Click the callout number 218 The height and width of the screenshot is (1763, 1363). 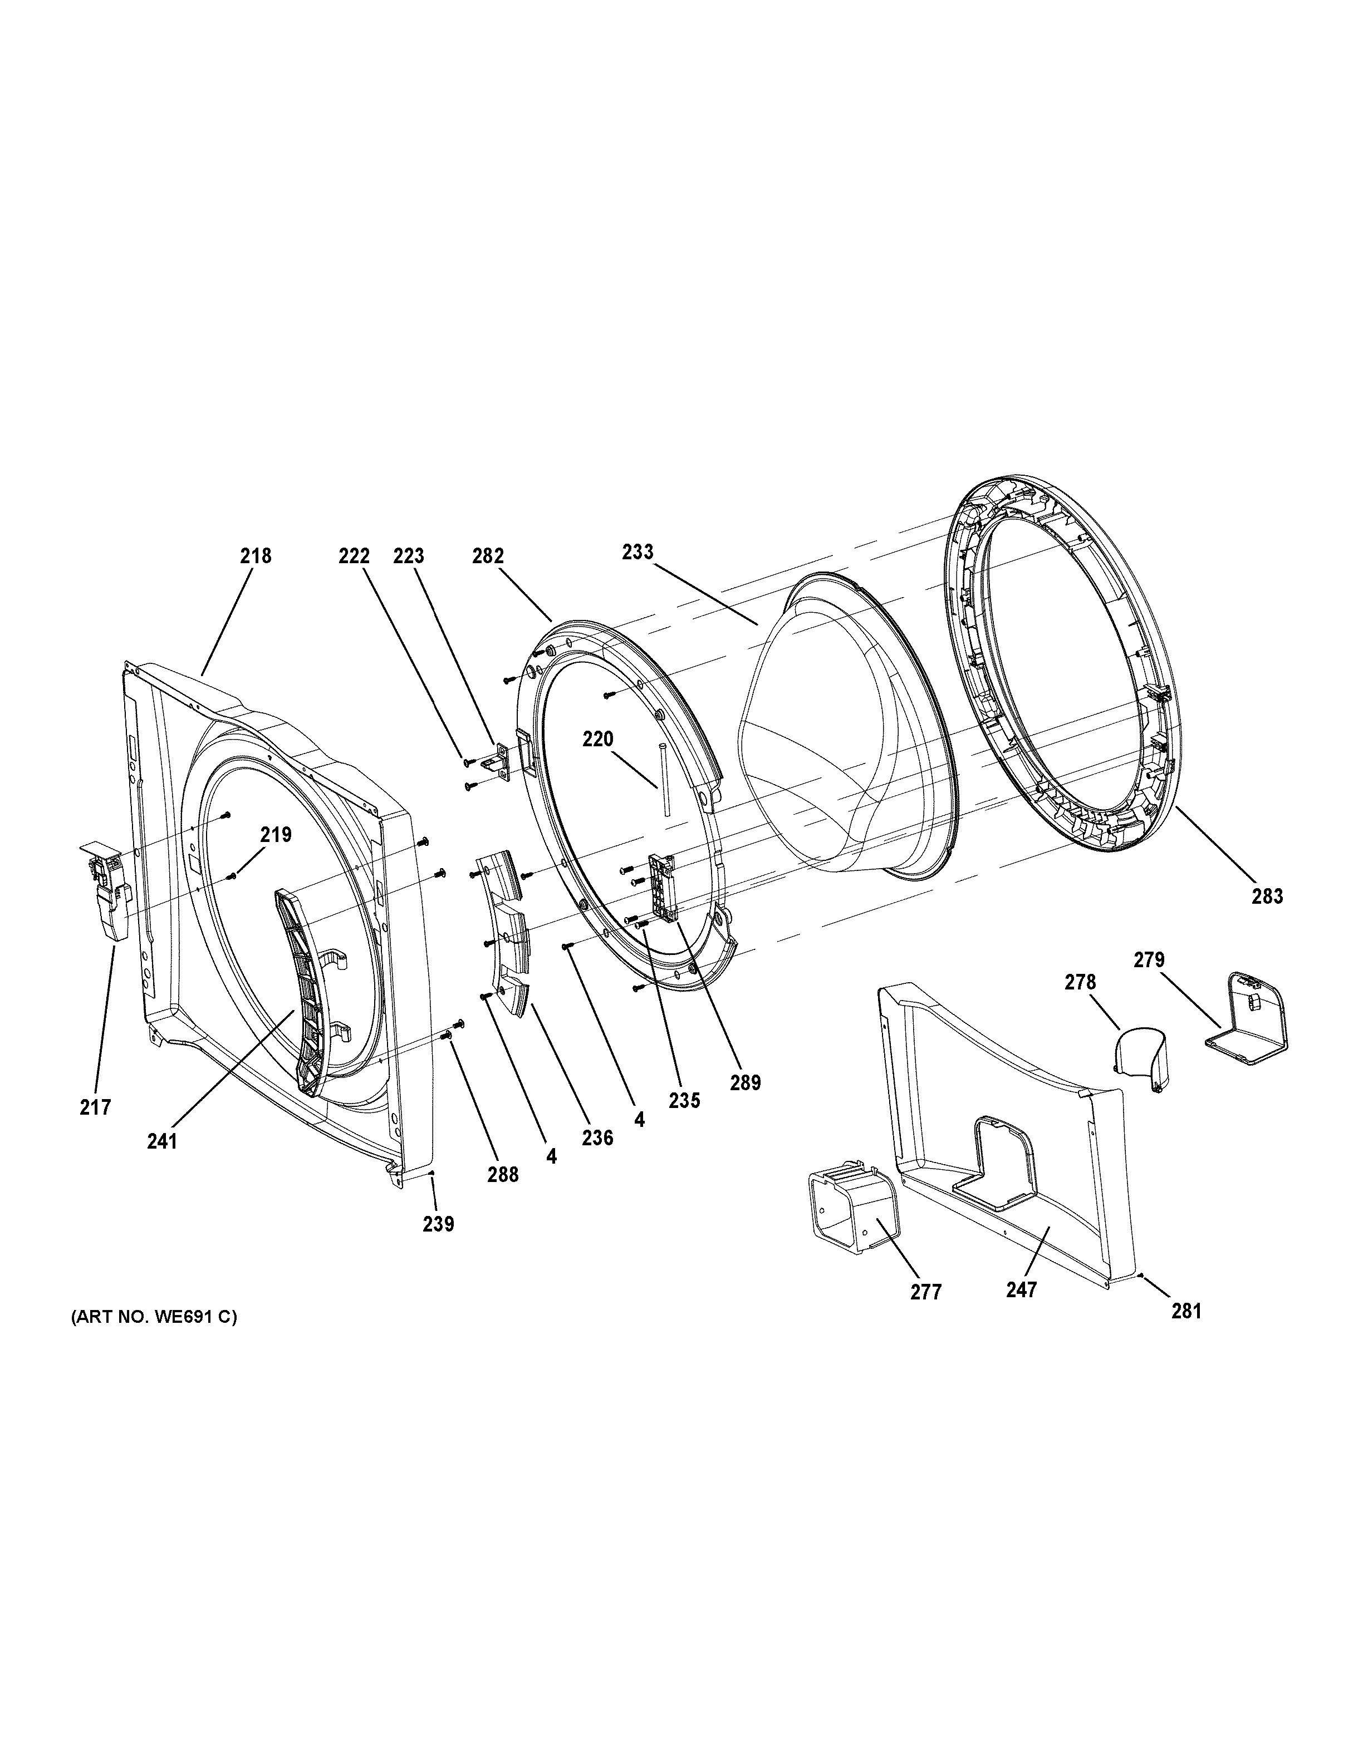click(x=255, y=555)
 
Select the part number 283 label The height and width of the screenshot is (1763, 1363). click(x=1266, y=895)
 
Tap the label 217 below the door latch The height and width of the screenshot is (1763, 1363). click(x=95, y=1107)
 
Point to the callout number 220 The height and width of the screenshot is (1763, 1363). click(x=599, y=738)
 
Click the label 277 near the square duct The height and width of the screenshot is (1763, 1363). click(x=925, y=1292)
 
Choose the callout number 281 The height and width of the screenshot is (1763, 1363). click(x=1186, y=1312)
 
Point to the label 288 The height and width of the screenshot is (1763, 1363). click(x=502, y=1175)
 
